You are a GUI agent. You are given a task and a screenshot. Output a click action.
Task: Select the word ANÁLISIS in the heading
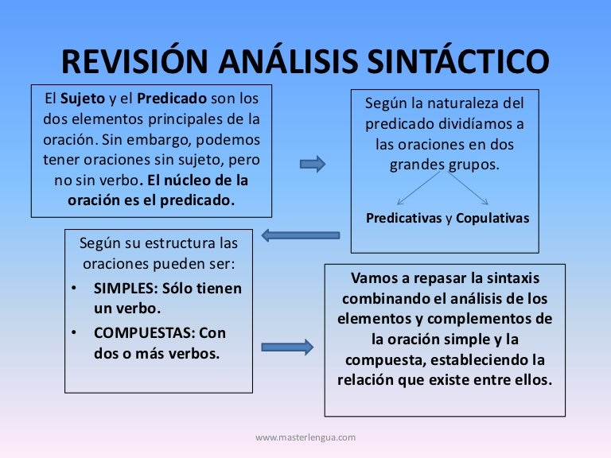pyautogui.click(x=286, y=61)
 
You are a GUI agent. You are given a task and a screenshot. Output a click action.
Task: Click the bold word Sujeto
pyautogui.click(x=84, y=100)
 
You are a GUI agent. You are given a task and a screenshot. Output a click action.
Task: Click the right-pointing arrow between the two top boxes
pyautogui.click(x=313, y=164)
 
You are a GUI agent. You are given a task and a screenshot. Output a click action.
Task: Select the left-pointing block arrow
pyautogui.click(x=301, y=235)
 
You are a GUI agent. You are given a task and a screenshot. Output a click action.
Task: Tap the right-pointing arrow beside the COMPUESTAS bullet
pyautogui.click(x=287, y=347)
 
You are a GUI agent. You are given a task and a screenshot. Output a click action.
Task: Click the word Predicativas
pyautogui.click(x=403, y=219)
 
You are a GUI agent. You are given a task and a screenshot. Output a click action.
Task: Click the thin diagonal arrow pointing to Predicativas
pyautogui.click(x=421, y=188)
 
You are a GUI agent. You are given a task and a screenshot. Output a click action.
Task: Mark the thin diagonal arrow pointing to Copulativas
pyautogui.click(x=467, y=188)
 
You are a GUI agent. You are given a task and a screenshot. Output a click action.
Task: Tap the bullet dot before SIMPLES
pyautogui.click(x=73, y=289)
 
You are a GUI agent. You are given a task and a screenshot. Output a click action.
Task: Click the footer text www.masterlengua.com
pyautogui.click(x=305, y=437)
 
